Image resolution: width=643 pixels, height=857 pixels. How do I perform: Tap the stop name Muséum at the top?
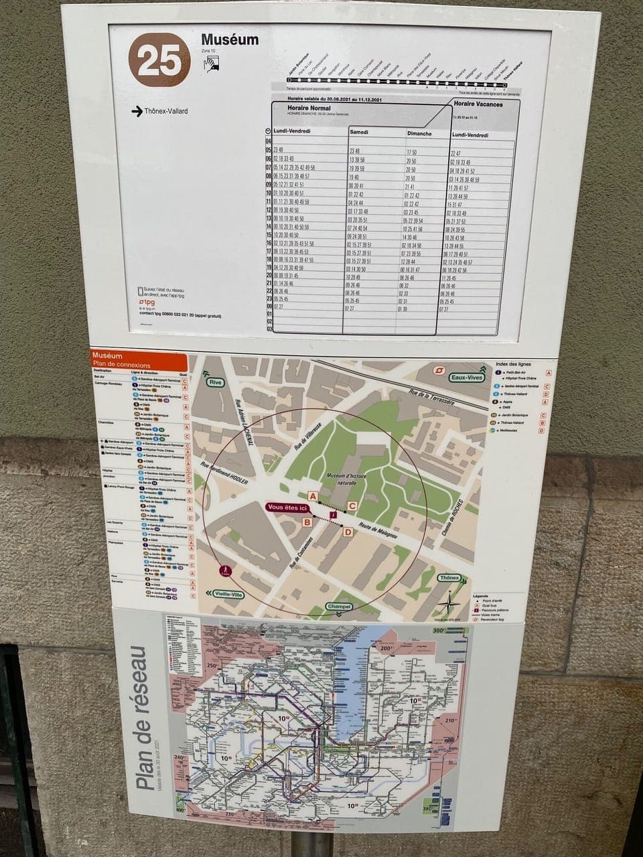tap(230, 40)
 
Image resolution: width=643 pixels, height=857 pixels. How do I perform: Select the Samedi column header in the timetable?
tap(359, 133)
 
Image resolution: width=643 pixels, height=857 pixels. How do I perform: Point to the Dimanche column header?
tap(419, 134)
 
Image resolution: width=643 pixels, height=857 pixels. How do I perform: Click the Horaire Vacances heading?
tap(477, 104)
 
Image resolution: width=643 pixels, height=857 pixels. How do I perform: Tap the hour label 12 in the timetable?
tap(268, 210)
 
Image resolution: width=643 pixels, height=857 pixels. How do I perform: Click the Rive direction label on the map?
tap(215, 382)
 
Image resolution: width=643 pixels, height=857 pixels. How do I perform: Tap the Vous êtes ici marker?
tap(288, 508)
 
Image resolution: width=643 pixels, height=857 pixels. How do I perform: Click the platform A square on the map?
tap(311, 495)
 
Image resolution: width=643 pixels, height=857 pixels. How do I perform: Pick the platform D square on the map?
tap(347, 532)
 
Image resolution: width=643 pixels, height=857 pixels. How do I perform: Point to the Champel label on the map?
tap(338, 607)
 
